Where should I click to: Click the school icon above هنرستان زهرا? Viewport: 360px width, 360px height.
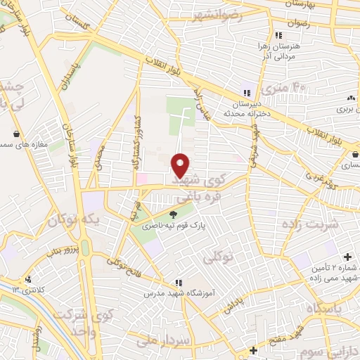pyautogui.click(x=278, y=35)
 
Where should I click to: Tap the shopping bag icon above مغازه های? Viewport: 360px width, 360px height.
pyautogui.click(x=17, y=133)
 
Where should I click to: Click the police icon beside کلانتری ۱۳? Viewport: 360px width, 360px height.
pyautogui.click(x=28, y=279)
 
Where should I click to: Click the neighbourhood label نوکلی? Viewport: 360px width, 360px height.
pyautogui.click(x=218, y=258)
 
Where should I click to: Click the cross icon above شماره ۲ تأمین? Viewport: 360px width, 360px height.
pyautogui.click(x=347, y=258)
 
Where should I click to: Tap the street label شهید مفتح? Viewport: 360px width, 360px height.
pyautogui.click(x=289, y=333)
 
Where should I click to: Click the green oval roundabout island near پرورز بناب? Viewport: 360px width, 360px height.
pyautogui.click(x=85, y=247)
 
